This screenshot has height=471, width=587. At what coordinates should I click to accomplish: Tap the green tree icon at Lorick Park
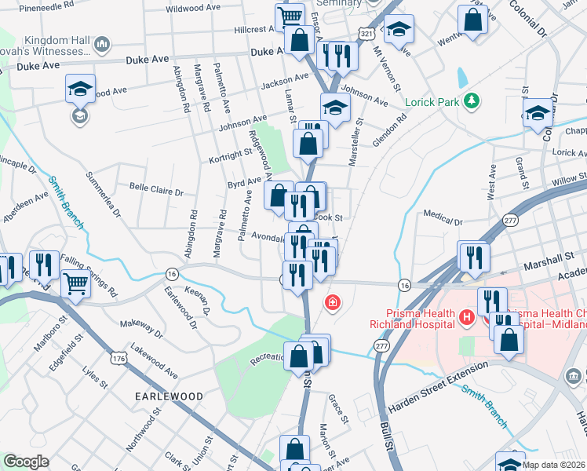point(471,100)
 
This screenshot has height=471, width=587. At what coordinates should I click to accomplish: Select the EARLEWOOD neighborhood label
point(168,396)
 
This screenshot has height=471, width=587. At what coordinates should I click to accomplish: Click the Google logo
point(26,462)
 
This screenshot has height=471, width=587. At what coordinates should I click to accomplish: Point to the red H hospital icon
point(467,318)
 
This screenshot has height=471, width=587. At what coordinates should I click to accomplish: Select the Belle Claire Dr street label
point(156,191)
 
